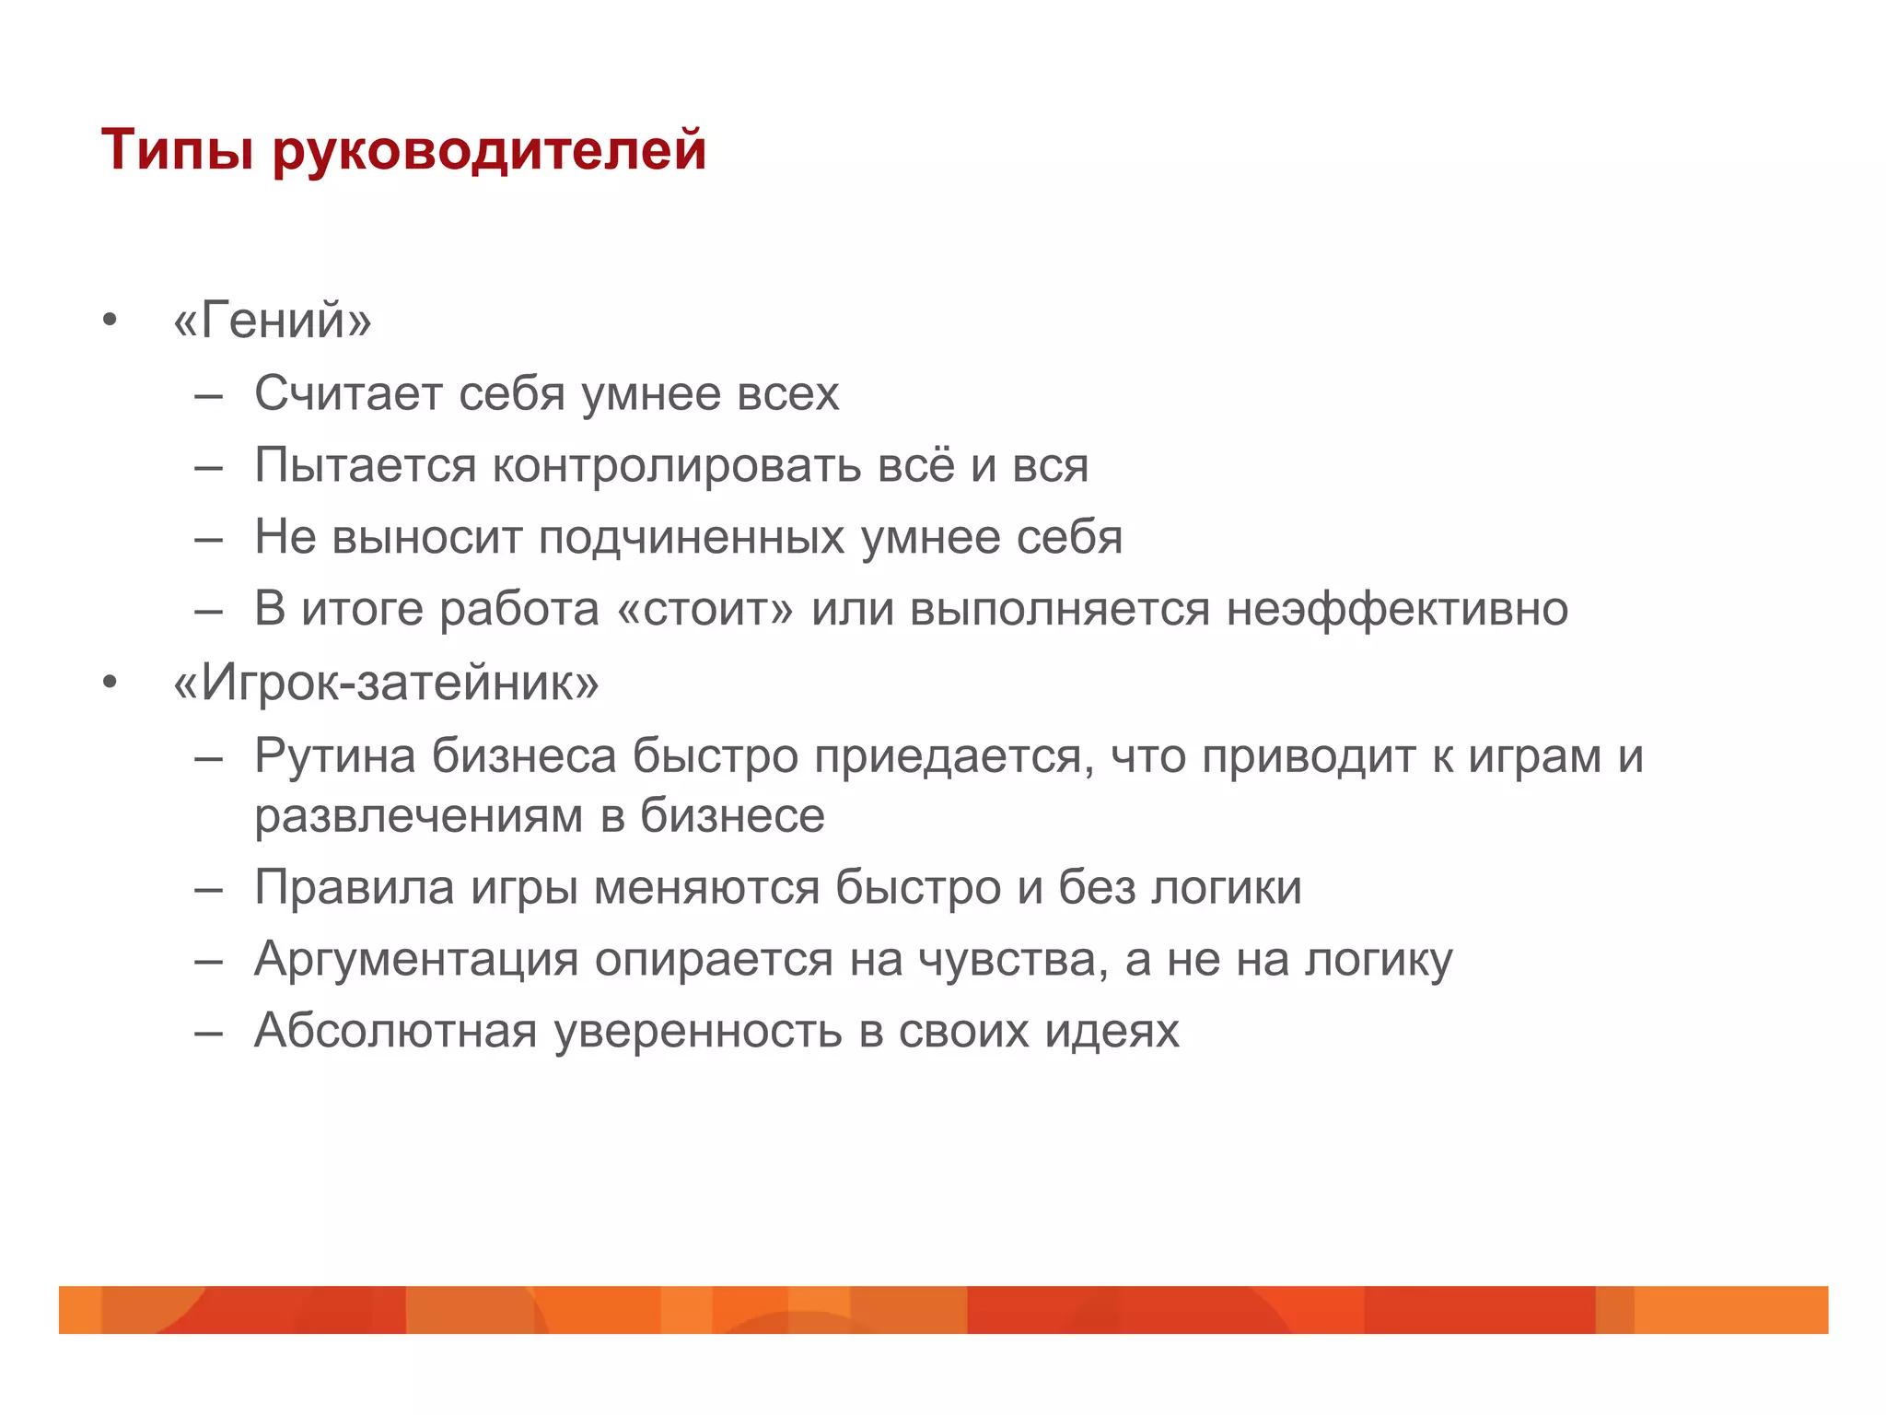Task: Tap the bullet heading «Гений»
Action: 273,321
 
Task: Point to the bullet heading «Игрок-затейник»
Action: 386,684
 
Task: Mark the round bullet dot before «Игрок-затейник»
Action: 111,684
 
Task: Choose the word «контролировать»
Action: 677,465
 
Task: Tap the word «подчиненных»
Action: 691,538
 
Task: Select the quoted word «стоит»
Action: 704,610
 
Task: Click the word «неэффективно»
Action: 1397,610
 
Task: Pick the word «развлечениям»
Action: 419,816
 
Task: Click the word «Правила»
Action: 354,888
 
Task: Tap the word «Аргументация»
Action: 416,960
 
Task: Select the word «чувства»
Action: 1012,960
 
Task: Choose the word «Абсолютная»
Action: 395,1031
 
